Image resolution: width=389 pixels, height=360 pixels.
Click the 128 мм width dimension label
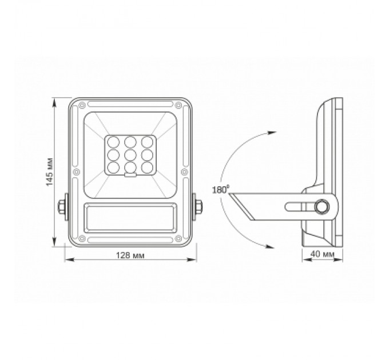coord(129,255)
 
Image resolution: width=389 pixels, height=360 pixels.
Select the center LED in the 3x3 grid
coord(130,154)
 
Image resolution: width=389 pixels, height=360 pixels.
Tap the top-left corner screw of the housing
coord(82,105)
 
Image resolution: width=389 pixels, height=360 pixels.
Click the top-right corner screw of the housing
coord(178,105)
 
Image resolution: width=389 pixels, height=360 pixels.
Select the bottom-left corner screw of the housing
coord(82,238)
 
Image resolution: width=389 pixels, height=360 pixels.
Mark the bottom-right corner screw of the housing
coord(178,238)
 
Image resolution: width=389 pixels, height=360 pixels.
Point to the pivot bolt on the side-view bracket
coord(323,206)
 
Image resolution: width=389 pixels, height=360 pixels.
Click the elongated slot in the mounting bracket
coord(299,207)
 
